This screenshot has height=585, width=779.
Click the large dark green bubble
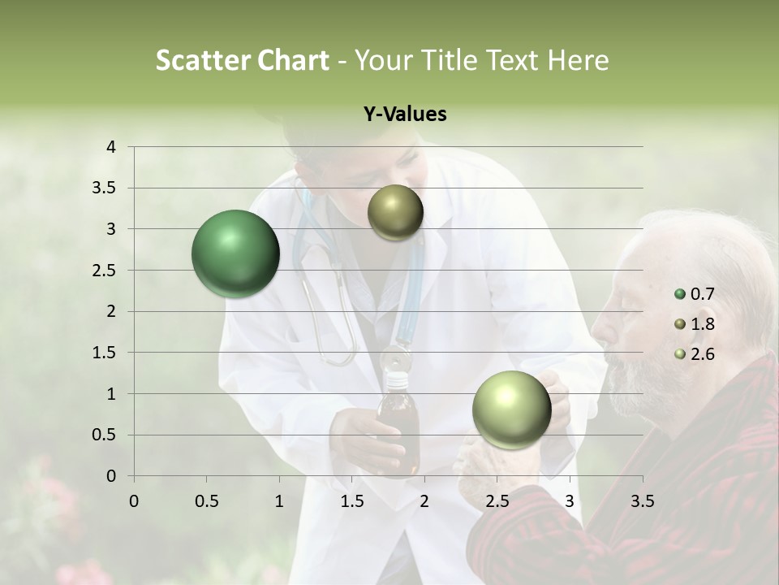click(235, 253)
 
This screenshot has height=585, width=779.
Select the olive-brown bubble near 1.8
click(395, 213)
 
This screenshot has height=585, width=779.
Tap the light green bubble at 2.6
click(511, 409)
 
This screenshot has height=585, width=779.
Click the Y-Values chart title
click(405, 115)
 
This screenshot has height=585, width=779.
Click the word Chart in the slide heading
click(293, 60)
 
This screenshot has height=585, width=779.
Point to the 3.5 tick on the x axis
click(642, 501)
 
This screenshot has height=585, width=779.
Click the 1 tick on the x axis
click(279, 501)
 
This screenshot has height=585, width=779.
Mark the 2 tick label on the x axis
click(424, 501)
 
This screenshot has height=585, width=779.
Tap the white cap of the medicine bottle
click(395, 379)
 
